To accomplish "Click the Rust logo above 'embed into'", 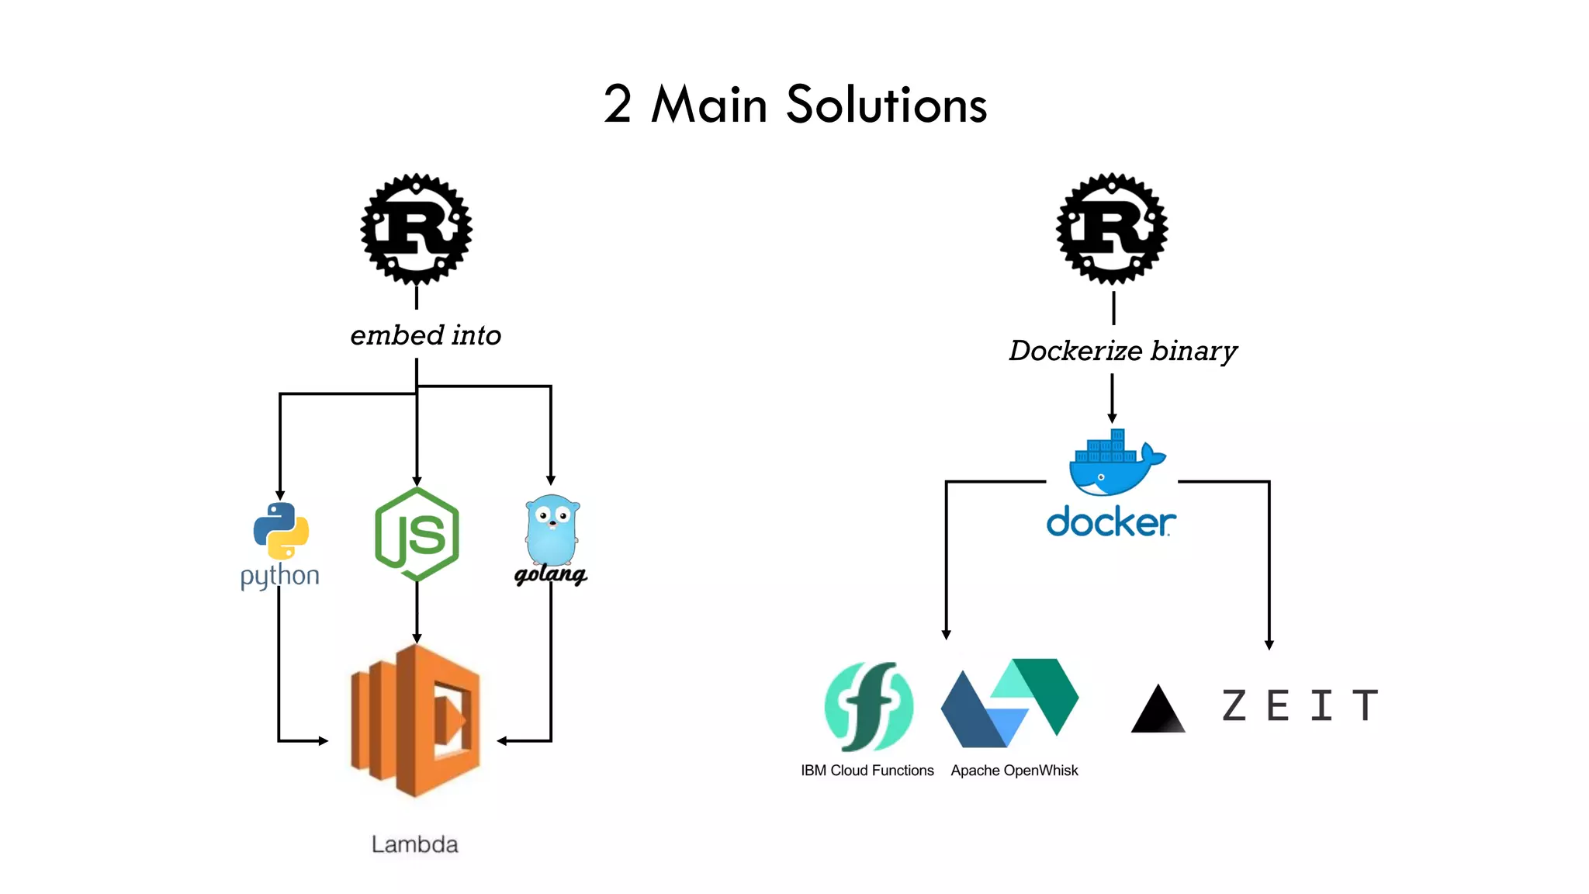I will point(417,230).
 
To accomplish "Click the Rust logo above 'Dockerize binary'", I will point(1112,230).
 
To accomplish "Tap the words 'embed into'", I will point(425,335).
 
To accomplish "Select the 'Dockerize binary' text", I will point(1122,351).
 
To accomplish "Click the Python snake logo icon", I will point(281,531).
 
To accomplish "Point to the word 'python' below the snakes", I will point(279,577).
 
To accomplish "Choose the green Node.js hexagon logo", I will point(417,535).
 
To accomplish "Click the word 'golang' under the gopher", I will point(550,575).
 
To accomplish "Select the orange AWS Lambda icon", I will point(416,720).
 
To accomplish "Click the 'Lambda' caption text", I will point(414,844).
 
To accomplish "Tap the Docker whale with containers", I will point(1114,463).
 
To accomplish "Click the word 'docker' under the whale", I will point(1110,522).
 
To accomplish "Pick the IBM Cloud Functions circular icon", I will point(868,706).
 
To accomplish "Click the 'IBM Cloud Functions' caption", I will point(867,771).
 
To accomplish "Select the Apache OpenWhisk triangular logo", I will point(1009,703).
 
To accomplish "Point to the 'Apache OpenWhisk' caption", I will point(1014,771).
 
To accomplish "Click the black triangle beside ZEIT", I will point(1158,710).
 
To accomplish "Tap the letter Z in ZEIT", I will point(1234,705).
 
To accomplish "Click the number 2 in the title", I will point(618,105).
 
